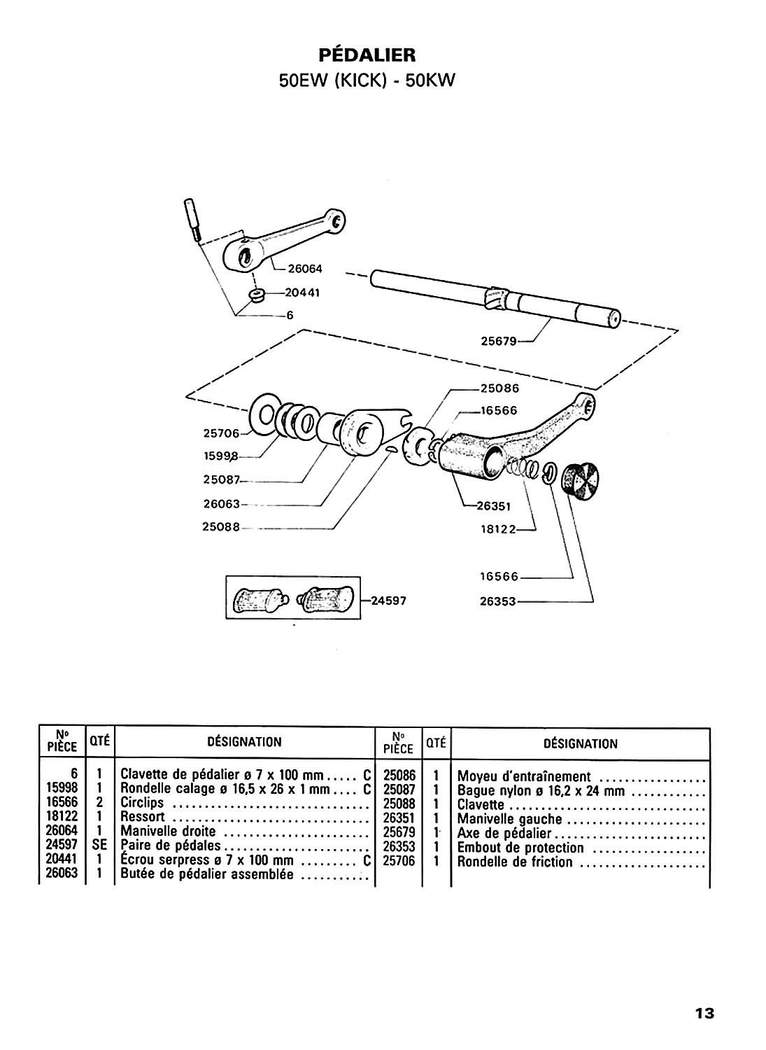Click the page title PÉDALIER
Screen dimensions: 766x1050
367,55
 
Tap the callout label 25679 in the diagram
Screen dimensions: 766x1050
499,342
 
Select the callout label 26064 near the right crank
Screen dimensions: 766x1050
305,269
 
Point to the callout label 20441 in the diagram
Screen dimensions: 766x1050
302,293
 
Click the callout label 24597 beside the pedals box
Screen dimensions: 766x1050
389,601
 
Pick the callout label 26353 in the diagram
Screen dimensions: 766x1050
497,601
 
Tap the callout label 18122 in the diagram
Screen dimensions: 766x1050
498,529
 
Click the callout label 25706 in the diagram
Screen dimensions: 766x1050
221,433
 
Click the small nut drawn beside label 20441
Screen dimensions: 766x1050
257,296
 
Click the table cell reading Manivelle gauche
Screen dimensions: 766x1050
509,819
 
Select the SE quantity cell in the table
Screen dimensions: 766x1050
99,845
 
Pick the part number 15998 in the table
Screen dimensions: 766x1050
62,787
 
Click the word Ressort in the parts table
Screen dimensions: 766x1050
143,816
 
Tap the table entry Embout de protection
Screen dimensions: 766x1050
520,848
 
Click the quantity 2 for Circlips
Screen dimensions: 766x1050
99,802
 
